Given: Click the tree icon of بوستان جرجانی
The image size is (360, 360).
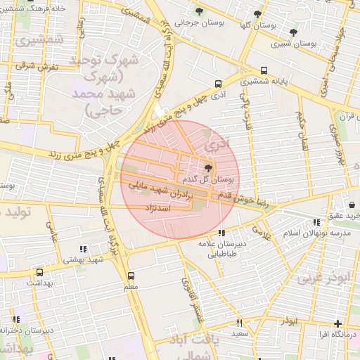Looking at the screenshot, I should [199, 11].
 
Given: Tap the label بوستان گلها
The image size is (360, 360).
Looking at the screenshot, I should [255, 25].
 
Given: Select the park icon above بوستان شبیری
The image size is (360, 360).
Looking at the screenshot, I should [293, 32].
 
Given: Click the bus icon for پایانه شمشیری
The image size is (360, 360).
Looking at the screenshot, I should [264, 70].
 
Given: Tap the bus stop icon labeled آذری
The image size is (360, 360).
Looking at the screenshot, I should [218, 83].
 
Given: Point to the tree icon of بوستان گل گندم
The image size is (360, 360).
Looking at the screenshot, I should [207, 167].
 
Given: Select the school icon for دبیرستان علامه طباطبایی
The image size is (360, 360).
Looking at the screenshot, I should [221, 233].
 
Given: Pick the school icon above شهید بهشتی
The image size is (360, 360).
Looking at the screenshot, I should [83, 248].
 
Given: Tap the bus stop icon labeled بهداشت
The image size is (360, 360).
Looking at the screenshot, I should [39, 272].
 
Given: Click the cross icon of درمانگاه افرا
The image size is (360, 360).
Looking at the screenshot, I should [338, 323].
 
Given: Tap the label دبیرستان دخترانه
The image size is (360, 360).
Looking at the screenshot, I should [28, 330].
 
